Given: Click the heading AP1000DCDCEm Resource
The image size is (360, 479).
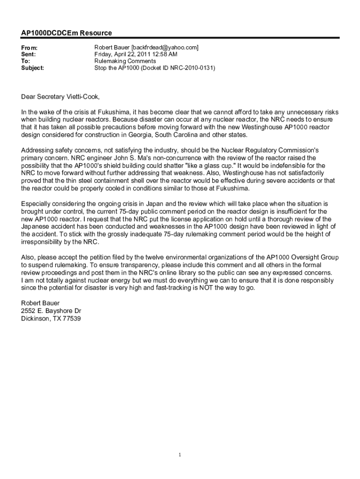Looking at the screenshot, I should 66,33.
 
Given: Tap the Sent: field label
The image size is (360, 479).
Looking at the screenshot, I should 29,55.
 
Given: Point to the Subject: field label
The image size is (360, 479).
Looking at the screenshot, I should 33,68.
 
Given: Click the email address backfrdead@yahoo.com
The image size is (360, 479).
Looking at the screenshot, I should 165,48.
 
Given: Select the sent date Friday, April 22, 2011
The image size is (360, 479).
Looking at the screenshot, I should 125,54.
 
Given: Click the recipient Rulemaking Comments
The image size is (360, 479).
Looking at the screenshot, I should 125,61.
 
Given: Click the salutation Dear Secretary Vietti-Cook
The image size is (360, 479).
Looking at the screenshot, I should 60,97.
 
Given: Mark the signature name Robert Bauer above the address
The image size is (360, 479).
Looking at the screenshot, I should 41,303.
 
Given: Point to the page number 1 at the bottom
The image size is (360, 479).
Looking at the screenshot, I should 180,454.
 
